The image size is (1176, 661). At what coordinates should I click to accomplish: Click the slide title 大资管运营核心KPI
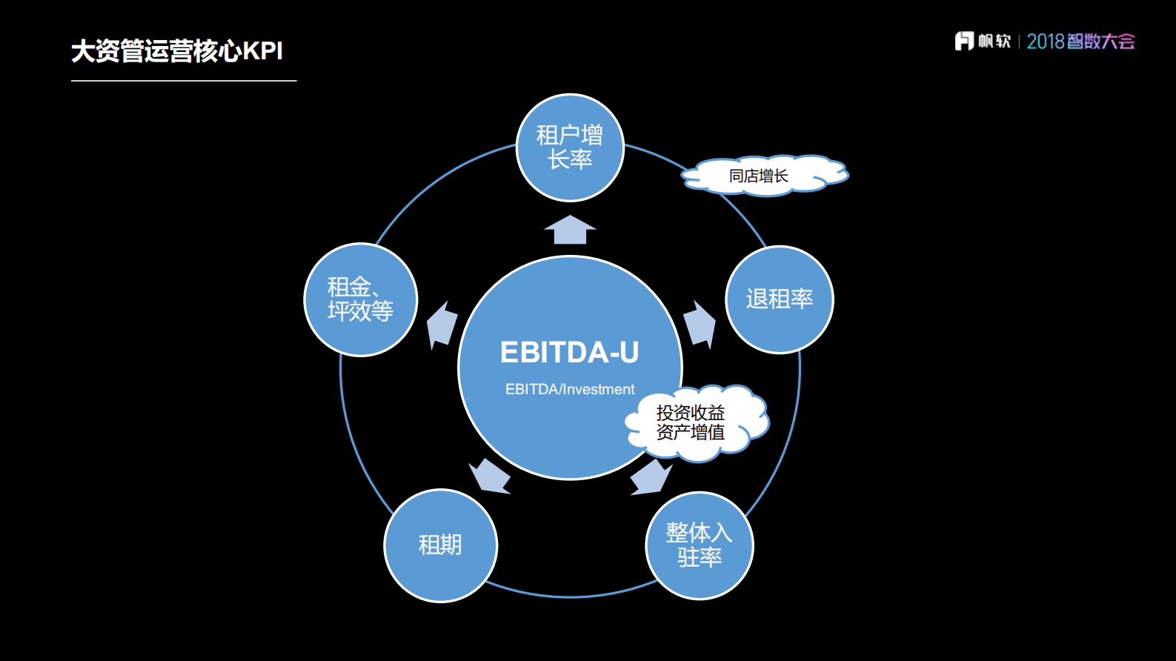tap(177, 51)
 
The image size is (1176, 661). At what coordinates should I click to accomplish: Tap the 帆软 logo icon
tap(964, 41)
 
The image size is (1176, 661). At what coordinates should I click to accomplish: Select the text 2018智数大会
tap(1080, 41)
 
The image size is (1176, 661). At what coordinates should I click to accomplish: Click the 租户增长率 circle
tap(570, 147)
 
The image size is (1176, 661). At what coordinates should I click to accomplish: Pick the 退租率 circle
tap(780, 299)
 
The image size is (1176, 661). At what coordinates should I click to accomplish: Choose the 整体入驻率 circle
tap(700, 545)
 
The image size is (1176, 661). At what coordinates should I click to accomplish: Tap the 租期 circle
tap(441, 545)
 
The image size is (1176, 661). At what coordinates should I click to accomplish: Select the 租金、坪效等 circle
tap(361, 299)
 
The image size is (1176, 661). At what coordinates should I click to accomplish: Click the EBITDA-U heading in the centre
tap(569, 353)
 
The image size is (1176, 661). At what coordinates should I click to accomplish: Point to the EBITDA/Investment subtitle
tap(570, 389)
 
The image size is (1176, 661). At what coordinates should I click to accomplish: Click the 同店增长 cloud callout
tap(763, 176)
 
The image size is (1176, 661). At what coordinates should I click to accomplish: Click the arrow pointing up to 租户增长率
tap(570, 230)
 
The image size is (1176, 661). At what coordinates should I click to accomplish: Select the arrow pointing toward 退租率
tap(700, 323)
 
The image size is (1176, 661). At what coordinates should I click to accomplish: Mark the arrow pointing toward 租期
tap(490, 476)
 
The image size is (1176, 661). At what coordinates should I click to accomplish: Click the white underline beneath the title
tap(184, 81)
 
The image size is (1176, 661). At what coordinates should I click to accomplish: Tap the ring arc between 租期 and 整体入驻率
tap(570, 596)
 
